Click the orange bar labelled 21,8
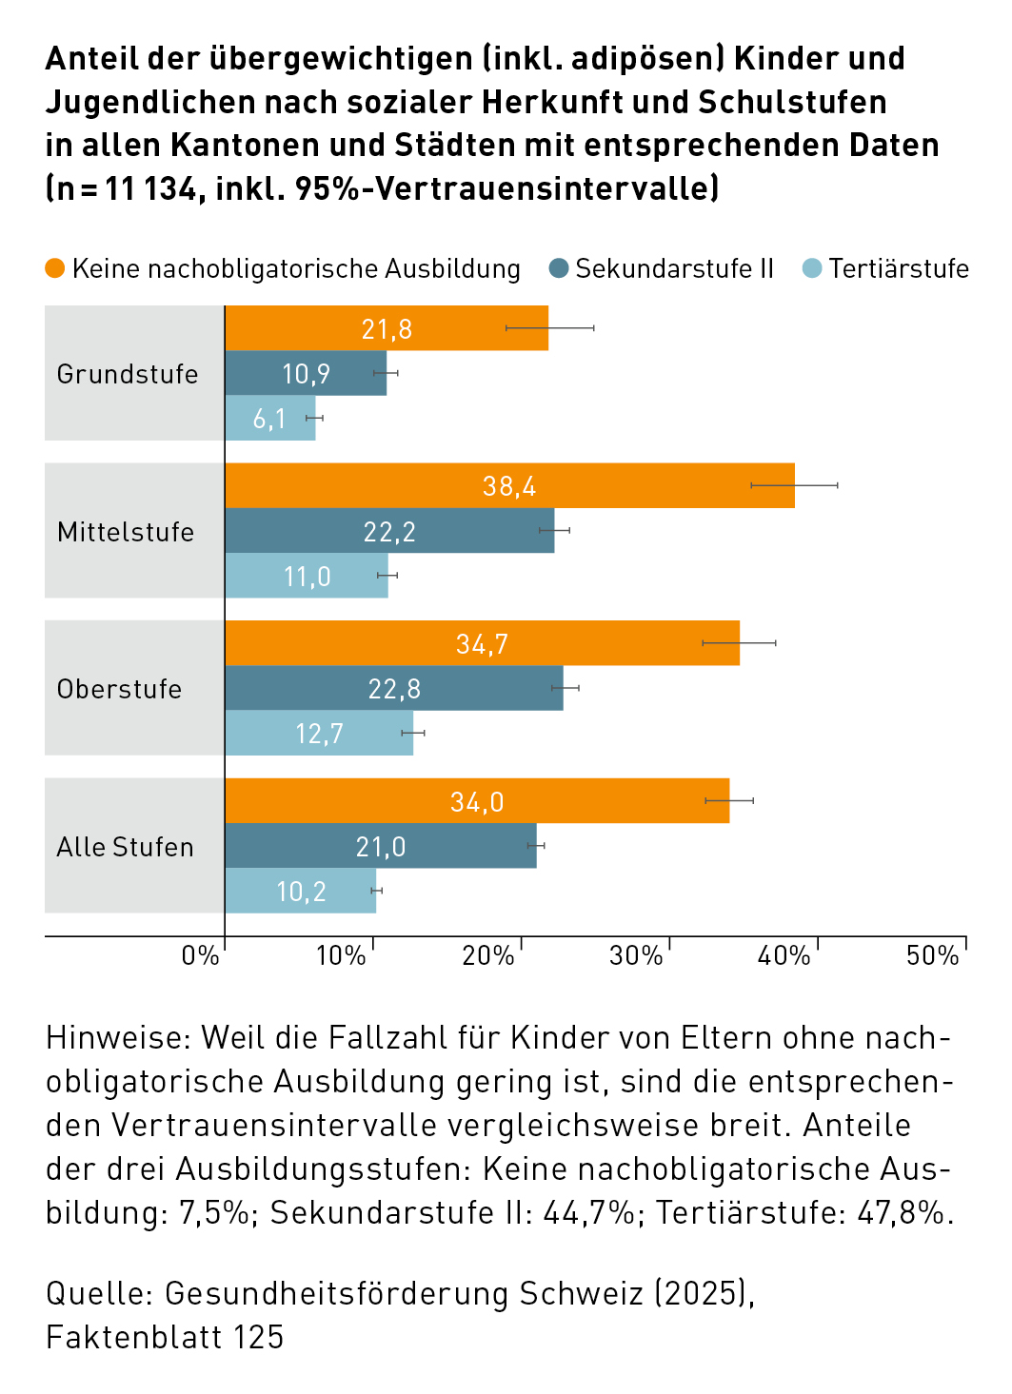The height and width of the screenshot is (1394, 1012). tap(387, 328)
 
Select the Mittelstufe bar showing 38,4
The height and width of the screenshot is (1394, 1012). tap(509, 486)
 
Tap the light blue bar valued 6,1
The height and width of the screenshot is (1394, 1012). tap(269, 419)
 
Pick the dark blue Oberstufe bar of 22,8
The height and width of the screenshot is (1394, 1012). tap(394, 688)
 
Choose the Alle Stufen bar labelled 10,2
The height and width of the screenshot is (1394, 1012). tap(301, 892)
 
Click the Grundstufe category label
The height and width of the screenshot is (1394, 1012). tap(128, 374)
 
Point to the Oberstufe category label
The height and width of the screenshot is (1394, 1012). tap(119, 689)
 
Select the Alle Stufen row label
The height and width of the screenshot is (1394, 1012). tap(125, 847)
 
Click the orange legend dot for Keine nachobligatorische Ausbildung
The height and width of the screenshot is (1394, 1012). tap(55, 269)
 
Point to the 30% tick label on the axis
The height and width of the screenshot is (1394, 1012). tap(635, 956)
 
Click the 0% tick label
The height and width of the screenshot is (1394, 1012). tap(200, 956)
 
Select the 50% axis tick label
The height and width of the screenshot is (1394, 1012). tap(932, 956)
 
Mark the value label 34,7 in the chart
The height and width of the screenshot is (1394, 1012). tap(482, 644)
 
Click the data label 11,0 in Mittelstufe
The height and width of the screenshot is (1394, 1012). tap(308, 577)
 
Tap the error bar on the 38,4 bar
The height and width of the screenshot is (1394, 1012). tap(795, 485)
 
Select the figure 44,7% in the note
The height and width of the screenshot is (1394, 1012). tap(588, 1213)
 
